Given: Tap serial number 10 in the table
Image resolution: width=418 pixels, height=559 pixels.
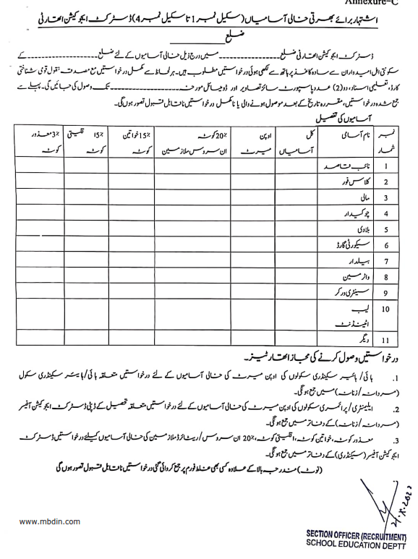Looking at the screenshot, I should [389, 309].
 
